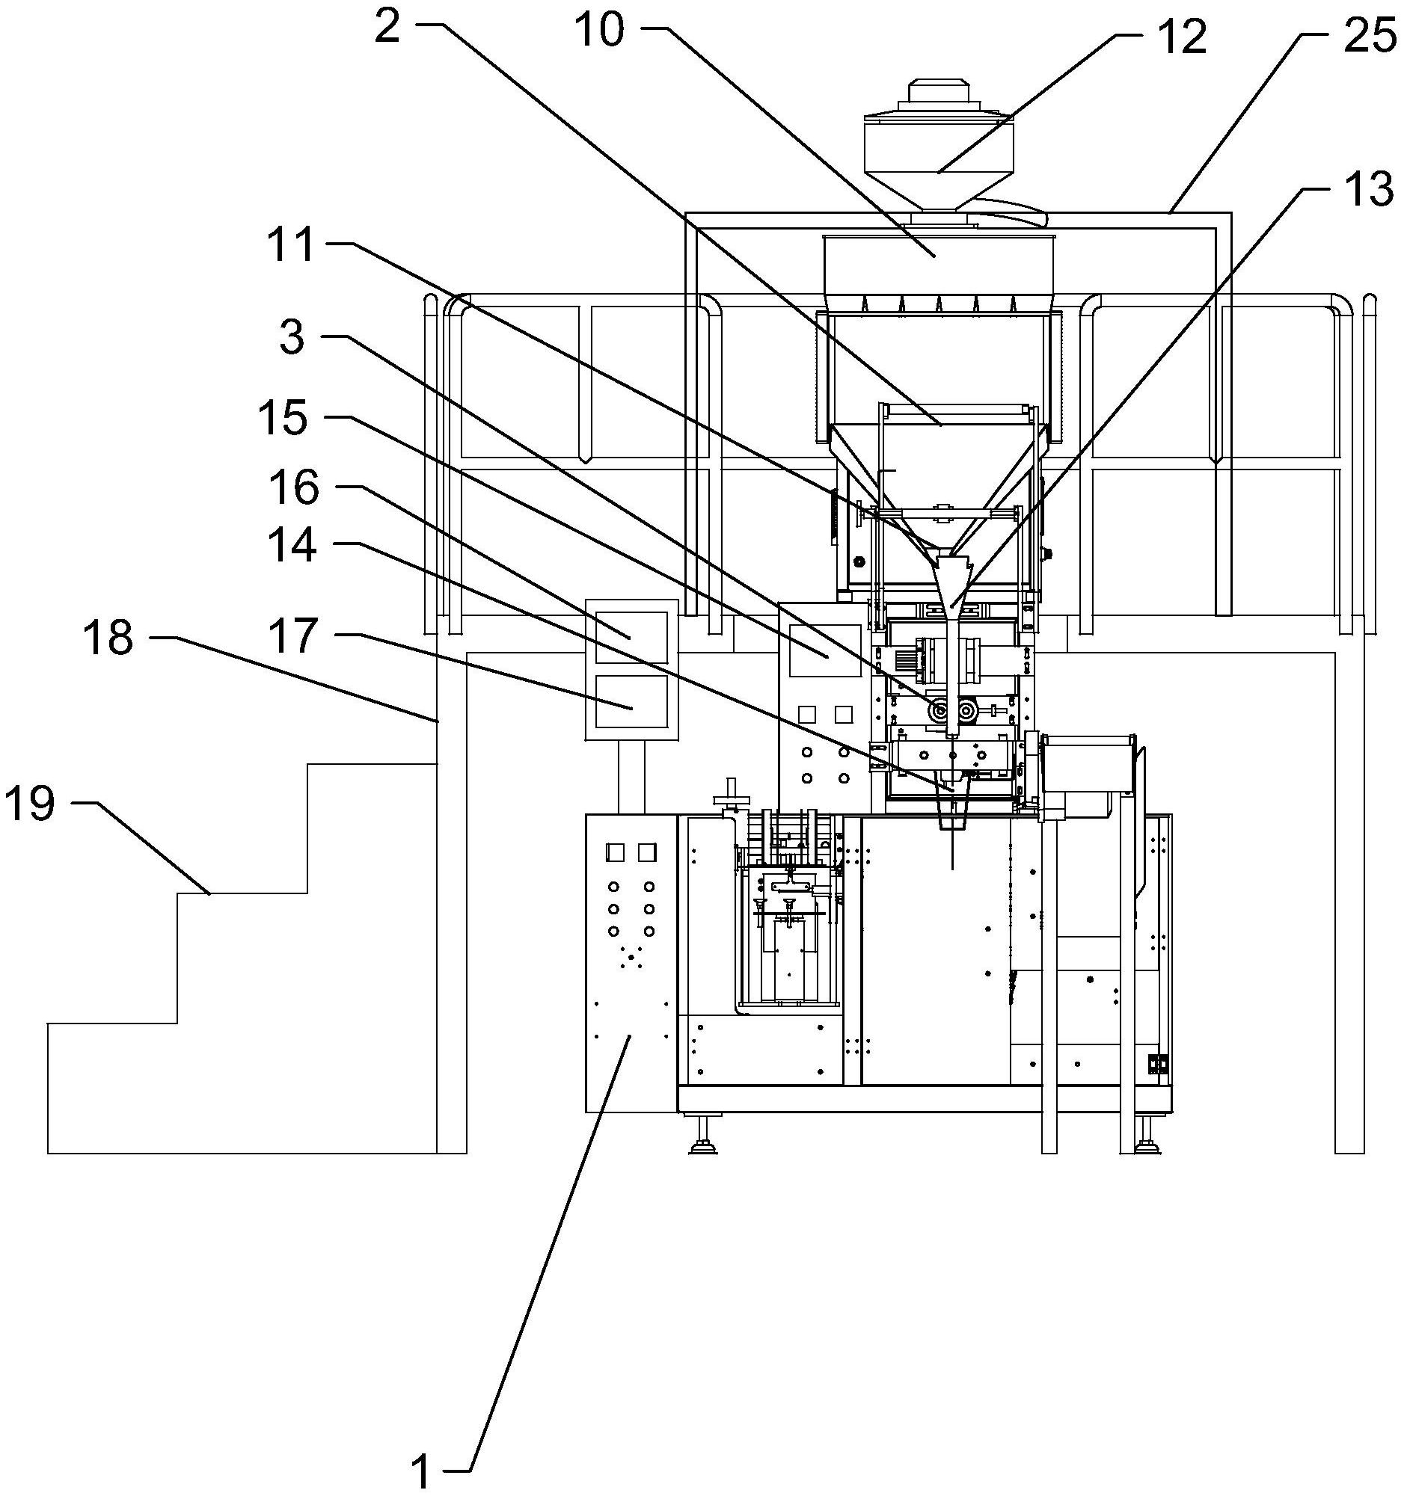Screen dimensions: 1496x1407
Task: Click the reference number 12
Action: (x=1181, y=37)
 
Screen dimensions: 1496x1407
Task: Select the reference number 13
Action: (x=1368, y=191)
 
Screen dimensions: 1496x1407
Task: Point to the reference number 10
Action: (x=599, y=32)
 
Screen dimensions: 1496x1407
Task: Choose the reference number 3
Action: (x=292, y=338)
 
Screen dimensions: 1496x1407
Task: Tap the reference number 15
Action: (x=283, y=419)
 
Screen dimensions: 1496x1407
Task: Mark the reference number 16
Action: (x=295, y=488)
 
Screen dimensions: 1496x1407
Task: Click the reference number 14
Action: (x=292, y=546)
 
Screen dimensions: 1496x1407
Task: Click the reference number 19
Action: (x=30, y=804)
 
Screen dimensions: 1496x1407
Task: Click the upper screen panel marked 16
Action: (x=631, y=637)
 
